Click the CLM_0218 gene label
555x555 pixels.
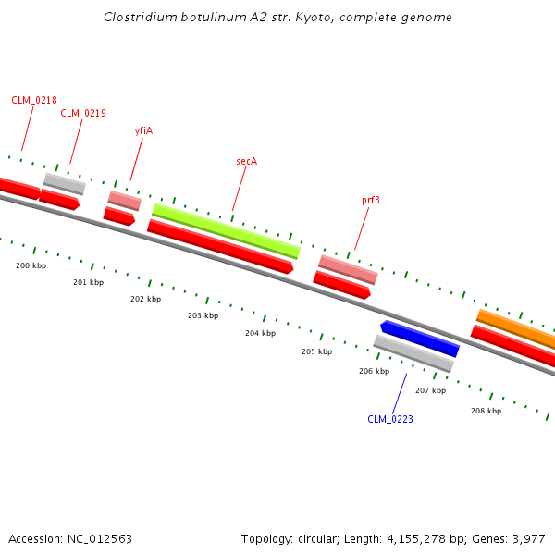pyautogui.click(x=34, y=99)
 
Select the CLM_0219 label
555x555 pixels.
pyautogui.click(x=83, y=113)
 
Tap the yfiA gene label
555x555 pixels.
pyautogui.click(x=143, y=130)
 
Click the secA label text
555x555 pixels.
pyautogui.click(x=246, y=161)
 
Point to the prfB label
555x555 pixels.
pyautogui.click(x=370, y=200)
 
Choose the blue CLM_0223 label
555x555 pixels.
pyautogui.click(x=390, y=419)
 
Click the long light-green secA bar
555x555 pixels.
pyautogui.click(x=226, y=230)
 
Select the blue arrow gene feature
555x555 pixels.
pyautogui.click(x=420, y=338)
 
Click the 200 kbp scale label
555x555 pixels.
pyautogui.click(x=31, y=265)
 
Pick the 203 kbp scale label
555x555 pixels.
pyautogui.click(x=203, y=315)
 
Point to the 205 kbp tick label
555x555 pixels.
pyautogui.click(x=316, y=351)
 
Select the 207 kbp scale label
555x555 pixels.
pyautogui.click(x=430, y=390)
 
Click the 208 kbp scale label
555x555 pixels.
pyautogui.click(x=486, y=411)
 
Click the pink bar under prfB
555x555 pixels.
pyautogui.click(x=348, y=269)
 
